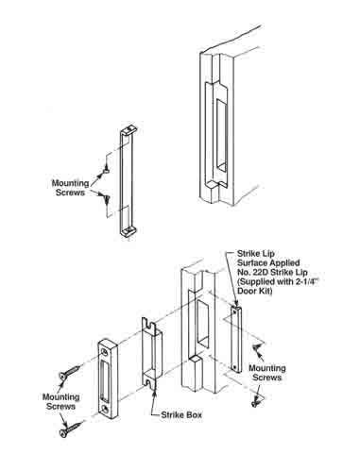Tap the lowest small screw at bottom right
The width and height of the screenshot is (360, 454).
click(256, 401)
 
